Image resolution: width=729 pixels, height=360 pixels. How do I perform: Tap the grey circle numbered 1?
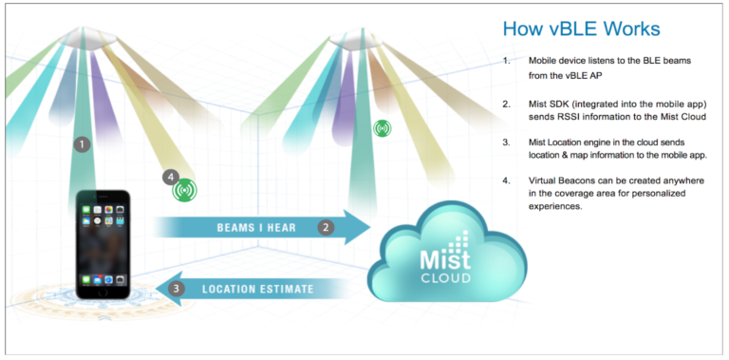pyautogui.click(x=83, y=144)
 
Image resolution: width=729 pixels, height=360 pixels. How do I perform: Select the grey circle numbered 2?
pyautogui.click(x=326, y=227)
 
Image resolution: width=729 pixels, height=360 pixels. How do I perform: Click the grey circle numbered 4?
pyautogui.click(x=170, y=177)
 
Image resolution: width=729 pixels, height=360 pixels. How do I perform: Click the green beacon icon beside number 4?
pyautogui.click(x=185, y=190)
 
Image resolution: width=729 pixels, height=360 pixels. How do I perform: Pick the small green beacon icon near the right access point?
pyautogui.click(x=382, y=128)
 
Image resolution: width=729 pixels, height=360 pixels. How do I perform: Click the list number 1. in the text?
pyautogui.click(x=507, y=61)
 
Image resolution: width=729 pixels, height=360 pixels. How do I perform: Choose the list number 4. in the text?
pyautogui.click(x=507, y=180)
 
